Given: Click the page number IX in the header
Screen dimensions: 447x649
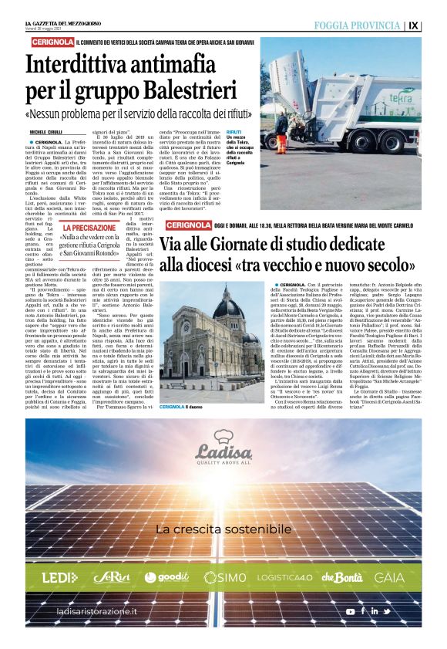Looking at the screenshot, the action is [x=414, y=25].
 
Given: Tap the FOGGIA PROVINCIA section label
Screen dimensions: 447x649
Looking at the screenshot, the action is [x=357, y=25].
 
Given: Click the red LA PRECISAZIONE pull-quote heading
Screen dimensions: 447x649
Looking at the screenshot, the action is [x=90, y=228].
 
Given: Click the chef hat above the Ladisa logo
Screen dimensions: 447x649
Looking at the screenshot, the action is [x=223, y=436].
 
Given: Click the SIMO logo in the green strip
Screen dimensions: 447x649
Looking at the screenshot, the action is [x=227, y=577].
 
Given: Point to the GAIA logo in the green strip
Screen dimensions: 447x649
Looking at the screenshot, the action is [x=389, y=577].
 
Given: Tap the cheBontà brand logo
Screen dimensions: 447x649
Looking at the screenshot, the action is [x=341, y=577].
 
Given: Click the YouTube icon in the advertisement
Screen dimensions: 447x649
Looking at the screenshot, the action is [x=351, y=612].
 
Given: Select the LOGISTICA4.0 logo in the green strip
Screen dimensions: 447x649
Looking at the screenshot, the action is [x=284, y=577].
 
